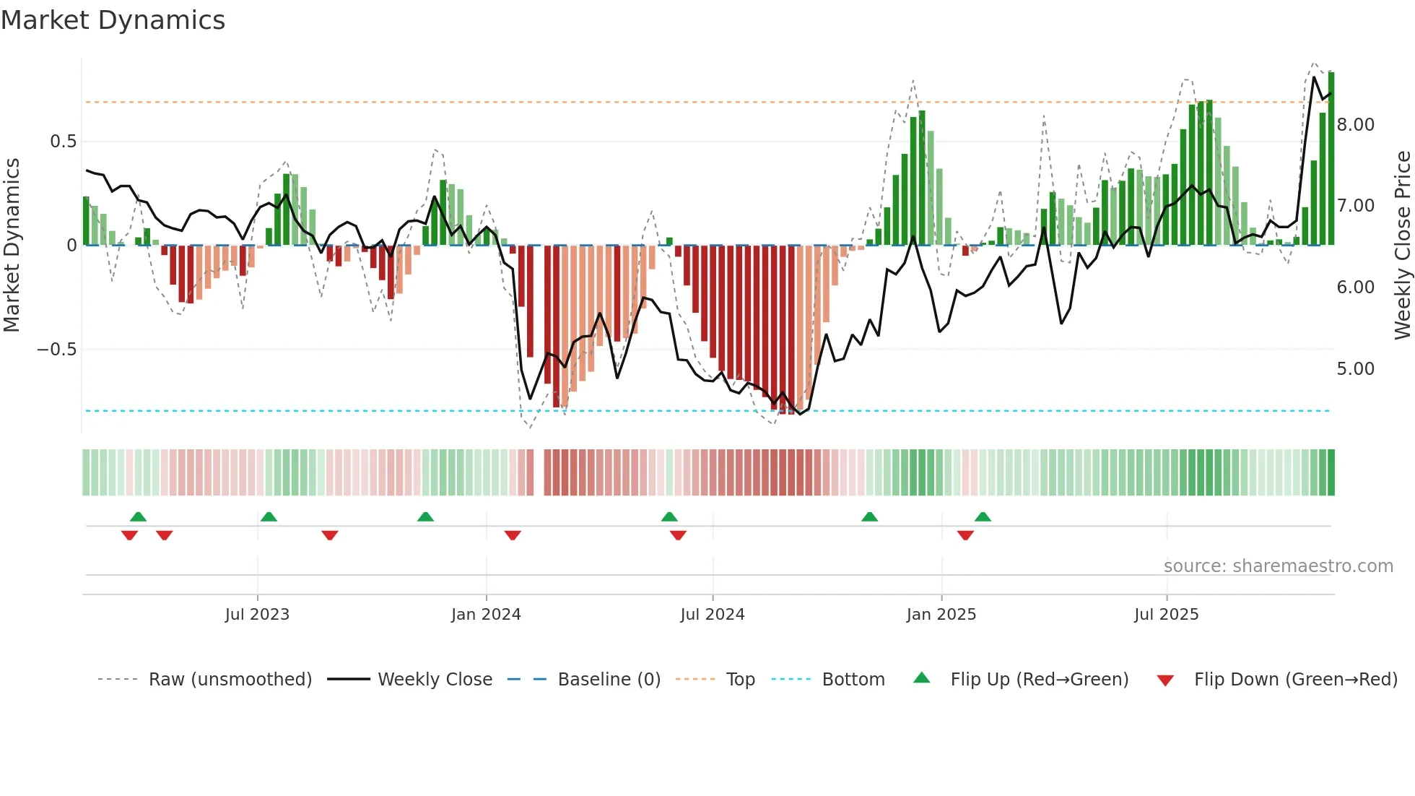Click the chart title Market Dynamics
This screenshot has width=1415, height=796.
click(x=113, y=20)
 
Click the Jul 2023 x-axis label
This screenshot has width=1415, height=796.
click(x=257, y=615)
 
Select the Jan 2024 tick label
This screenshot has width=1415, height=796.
click(x=486, y=615)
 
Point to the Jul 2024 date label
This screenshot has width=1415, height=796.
click(x=712, y=615)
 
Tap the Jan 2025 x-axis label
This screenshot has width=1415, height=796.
click(x=941, y=615)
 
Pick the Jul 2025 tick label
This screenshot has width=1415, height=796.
click(x=1166, y=615)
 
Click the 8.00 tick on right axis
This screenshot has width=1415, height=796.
click(x=1355, y=125)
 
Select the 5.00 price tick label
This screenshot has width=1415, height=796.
click(x=1355, y=369)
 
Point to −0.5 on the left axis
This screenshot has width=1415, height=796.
click(x=56, y=350)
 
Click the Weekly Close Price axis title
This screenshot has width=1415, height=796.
click(x=1402, y=246)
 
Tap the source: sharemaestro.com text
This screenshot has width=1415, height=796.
click(x=1278, y=566)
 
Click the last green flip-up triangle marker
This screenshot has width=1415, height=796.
click(x=983, y=517)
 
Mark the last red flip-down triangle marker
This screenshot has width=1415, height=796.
click(x=965, y=535)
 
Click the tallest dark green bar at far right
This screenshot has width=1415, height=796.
click(x=1331, y=159)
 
